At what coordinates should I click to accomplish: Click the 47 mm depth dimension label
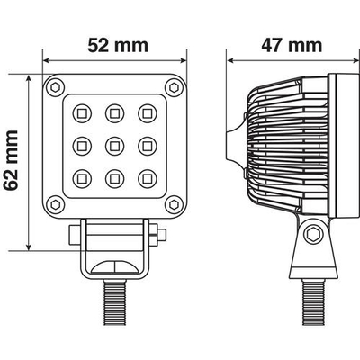click(x=290, y=43)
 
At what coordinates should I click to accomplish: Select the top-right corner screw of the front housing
click(x=170, y=85)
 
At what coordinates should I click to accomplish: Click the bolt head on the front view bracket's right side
click(x=161, y=237)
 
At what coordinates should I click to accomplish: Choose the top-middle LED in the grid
click(x=113, y=113)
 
